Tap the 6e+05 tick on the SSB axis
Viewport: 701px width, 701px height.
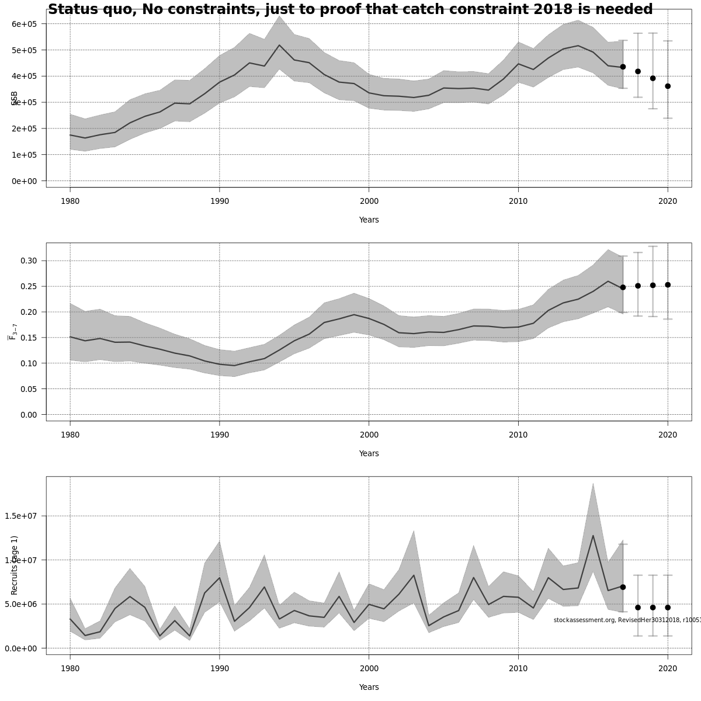pos(25,24)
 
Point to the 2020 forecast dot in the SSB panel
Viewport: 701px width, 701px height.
pos(668,86)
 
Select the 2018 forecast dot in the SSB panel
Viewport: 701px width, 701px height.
pos(638,71)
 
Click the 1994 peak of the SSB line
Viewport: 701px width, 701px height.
pos(279,45)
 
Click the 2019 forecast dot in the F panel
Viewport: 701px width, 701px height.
pos(653,285)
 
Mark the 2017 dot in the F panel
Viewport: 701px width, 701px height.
pos(623,287)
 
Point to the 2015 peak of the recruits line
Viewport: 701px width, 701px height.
pos(593,536)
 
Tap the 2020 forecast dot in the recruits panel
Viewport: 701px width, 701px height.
pos(668,608)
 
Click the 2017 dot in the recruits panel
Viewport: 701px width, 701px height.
pos(623,587)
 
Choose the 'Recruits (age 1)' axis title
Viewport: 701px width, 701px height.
pos(15,565)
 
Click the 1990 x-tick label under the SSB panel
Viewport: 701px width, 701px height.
pos(219,202)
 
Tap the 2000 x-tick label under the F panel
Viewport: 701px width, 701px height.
pos(369,435)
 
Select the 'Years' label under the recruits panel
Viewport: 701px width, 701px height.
pos(369,687)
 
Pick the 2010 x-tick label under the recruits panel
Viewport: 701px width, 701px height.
pos(518,669)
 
